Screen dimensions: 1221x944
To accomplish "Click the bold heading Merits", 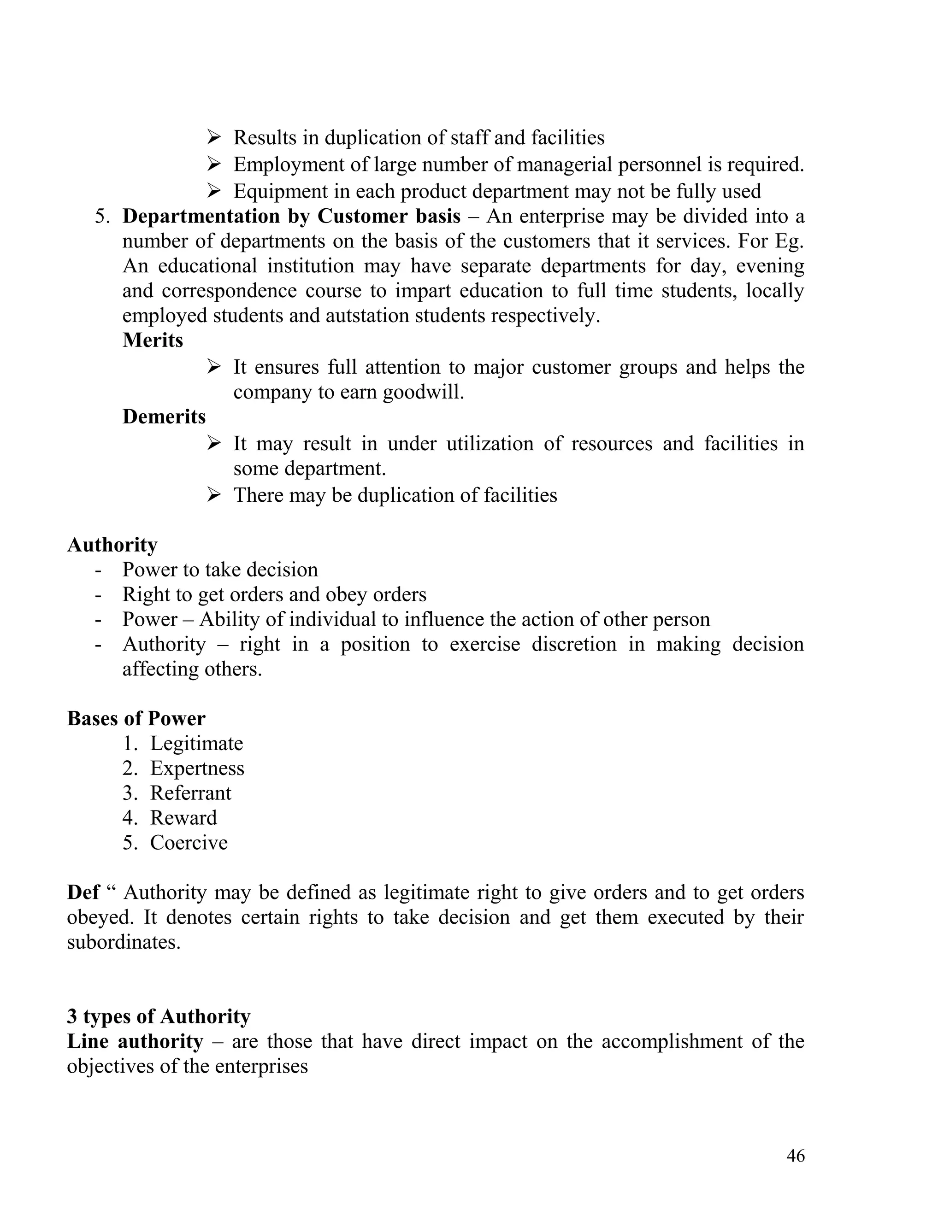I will tap(153, 340).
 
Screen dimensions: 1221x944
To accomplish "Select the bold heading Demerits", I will tap(164, 417).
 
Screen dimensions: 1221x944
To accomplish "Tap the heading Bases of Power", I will tap(136, 719).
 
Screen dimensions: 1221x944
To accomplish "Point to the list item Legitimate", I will tap(196, 744).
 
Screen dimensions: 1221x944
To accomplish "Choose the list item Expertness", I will tap(197, 769).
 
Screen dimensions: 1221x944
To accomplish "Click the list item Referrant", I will tap(190, 793).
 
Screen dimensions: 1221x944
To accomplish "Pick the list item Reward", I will tap(183, 818).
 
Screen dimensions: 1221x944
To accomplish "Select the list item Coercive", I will tap(189, 843).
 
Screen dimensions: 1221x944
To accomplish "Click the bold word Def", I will tap(83, 892).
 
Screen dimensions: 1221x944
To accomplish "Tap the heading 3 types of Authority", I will tap(158, 1016).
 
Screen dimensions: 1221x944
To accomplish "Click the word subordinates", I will tap(124, 943).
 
